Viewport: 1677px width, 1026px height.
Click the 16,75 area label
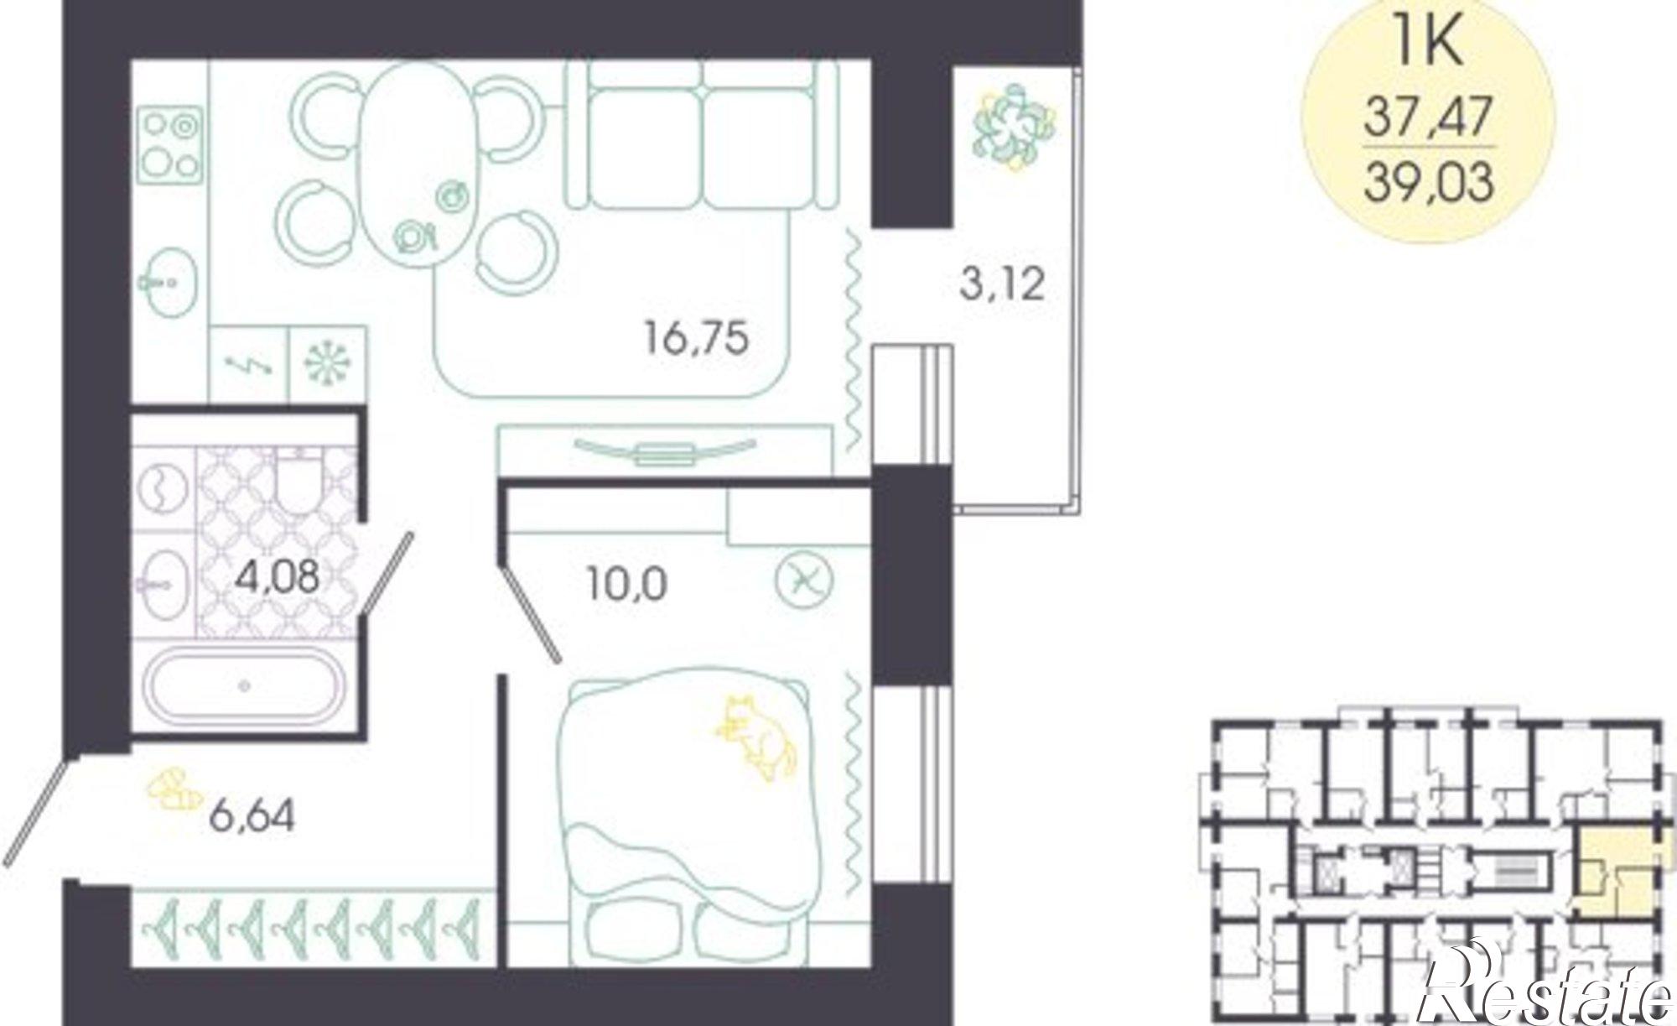696,340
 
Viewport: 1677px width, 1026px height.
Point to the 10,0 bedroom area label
626,584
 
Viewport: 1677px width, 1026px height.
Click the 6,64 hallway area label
252,815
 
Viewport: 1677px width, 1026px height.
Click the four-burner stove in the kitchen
170,143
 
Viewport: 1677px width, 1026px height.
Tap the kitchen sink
168,283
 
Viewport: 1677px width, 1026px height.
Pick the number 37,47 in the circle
1428,117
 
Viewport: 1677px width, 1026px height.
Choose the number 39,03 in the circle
1428,182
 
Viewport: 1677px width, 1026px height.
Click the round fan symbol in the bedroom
803,581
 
